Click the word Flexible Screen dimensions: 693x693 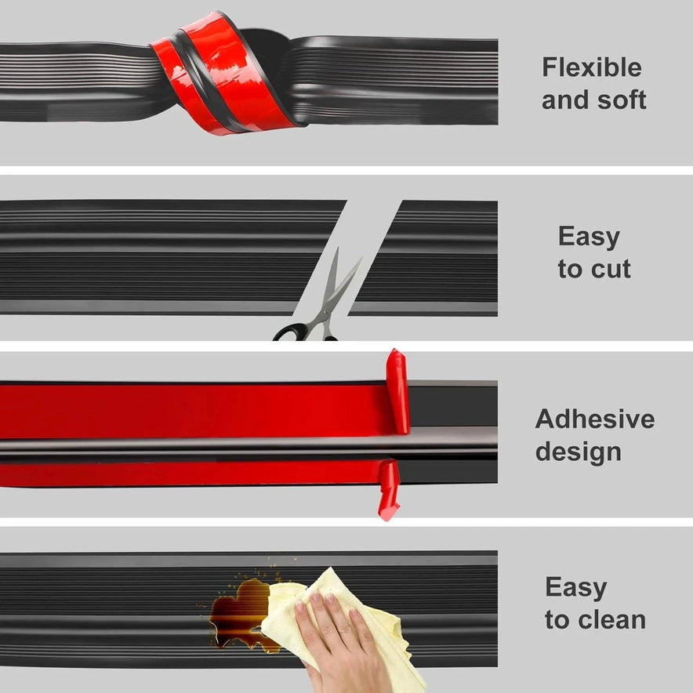click(x=592, y=67)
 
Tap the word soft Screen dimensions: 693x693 click(x=622, y=100)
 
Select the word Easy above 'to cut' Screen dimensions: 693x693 click(x=590, y=238)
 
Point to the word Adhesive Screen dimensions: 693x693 click(x=595, y=419)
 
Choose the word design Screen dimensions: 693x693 click(x=579, y=452)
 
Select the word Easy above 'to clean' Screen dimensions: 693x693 click(x=576, y=588)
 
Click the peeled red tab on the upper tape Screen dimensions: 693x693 click(x=397, y=391)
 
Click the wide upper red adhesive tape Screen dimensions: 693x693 click(x=194, y=411)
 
